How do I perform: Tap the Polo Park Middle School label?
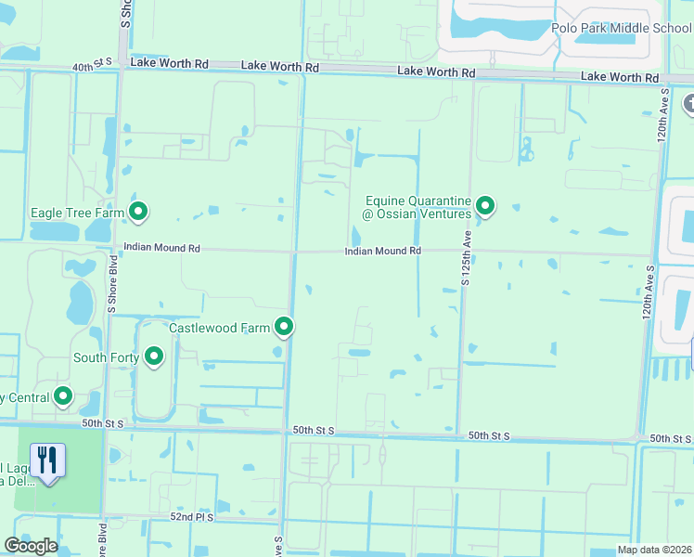621,28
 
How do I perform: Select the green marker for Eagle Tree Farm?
139,213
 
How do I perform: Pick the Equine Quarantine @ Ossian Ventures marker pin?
484,207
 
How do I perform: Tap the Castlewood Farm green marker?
284,327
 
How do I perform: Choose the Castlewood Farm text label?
219,328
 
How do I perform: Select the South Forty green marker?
154,356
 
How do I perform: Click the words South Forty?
106,357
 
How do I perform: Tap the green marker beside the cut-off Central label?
63,397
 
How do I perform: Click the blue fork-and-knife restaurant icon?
47,461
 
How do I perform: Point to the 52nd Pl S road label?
192,516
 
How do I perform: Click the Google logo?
31,546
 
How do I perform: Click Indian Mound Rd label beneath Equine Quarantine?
383,251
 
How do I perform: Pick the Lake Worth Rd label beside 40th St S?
169,63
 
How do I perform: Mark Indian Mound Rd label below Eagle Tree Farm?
161,249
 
